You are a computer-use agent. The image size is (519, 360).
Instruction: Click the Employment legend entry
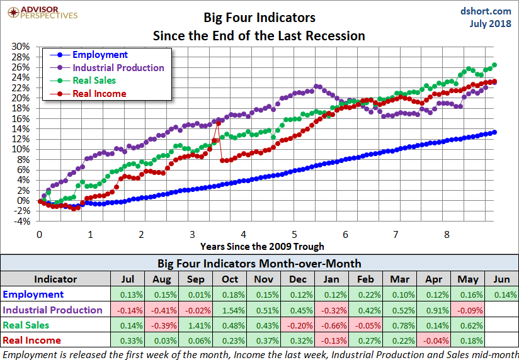pos(100,55)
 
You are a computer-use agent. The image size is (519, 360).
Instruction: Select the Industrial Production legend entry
pos(118,68)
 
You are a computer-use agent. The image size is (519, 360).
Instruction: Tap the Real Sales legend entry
pos(94,81)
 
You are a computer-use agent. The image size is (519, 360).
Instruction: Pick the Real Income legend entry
pos(99,94)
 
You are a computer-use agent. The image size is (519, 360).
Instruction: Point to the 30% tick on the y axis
pos(21,47)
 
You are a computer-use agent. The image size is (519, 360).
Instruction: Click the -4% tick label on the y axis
pos(21,221)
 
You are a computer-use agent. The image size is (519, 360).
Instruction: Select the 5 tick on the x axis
pos(294,235)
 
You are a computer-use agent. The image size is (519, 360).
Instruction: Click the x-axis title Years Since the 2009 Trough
pos(262,246)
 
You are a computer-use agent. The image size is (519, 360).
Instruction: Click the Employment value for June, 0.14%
pos(501,295)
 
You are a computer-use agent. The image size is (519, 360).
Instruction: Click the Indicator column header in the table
pos(55,279)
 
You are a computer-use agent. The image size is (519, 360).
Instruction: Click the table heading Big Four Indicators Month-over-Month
pos(259,262)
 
